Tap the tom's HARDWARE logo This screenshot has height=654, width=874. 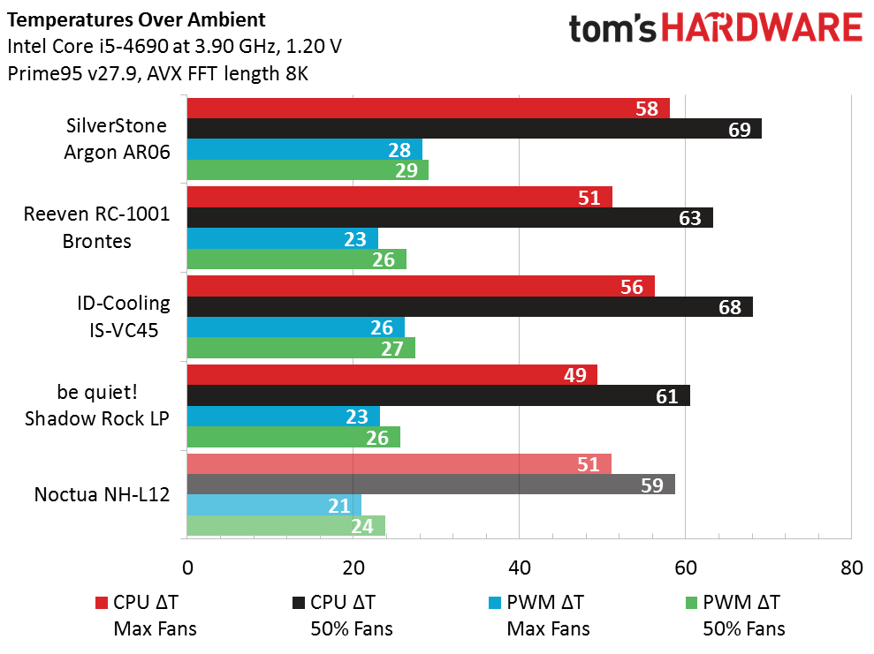coord(715,28)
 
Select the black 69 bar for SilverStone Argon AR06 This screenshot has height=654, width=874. coord(474,129)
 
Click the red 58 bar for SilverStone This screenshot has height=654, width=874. coord(428,109)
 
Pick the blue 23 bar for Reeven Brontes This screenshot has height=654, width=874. coord(282,238)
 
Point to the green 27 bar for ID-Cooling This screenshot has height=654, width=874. coord(300,348)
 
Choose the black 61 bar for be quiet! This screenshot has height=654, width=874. coord(437,395)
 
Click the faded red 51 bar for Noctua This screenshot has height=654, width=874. coord(399,464)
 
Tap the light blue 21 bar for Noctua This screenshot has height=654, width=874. coord(274,505)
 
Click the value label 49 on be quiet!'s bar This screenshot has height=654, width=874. coord(575,375)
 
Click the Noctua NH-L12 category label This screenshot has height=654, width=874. coord(102,494)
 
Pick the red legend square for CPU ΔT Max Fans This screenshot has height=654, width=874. coord(101,603)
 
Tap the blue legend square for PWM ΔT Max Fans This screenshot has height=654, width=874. coord(494,603)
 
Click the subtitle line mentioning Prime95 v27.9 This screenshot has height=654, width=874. coord(157,74)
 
